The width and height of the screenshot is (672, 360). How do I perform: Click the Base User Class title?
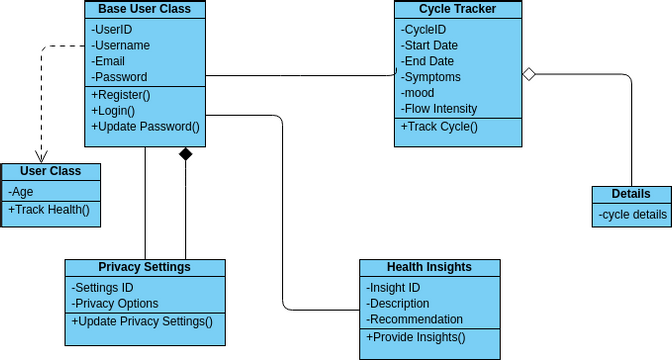coord(145,10)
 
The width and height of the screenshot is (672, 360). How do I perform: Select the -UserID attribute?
coord(112,29)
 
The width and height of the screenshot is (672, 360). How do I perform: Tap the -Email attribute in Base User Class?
coord(108,61)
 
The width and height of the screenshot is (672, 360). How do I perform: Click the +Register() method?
coord(120,95)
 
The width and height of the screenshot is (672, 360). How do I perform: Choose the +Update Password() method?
coord(146,127)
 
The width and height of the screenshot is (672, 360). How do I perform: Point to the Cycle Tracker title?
coord(458,10)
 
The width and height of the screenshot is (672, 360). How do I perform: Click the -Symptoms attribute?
coord(431,77)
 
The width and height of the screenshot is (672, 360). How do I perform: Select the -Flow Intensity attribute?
coord(439,109)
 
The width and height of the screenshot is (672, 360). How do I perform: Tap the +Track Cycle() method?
coord(440,127)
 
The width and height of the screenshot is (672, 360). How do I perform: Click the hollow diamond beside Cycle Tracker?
coord(530,73)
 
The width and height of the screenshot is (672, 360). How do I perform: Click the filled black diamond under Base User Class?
coord(185,154)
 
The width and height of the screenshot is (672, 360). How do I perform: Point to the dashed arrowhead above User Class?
coord(41,156)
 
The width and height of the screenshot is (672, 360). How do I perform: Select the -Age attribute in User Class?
coord(21,191)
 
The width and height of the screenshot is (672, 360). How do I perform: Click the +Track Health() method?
coord(49,209)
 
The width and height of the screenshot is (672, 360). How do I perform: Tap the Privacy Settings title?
coord(145,267)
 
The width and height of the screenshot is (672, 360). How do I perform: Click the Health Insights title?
coord(429,267)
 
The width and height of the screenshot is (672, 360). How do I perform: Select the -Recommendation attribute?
coord(414,319)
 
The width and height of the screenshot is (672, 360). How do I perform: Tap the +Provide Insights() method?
coord(416,337)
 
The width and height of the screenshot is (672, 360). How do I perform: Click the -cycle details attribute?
coord(632,214)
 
